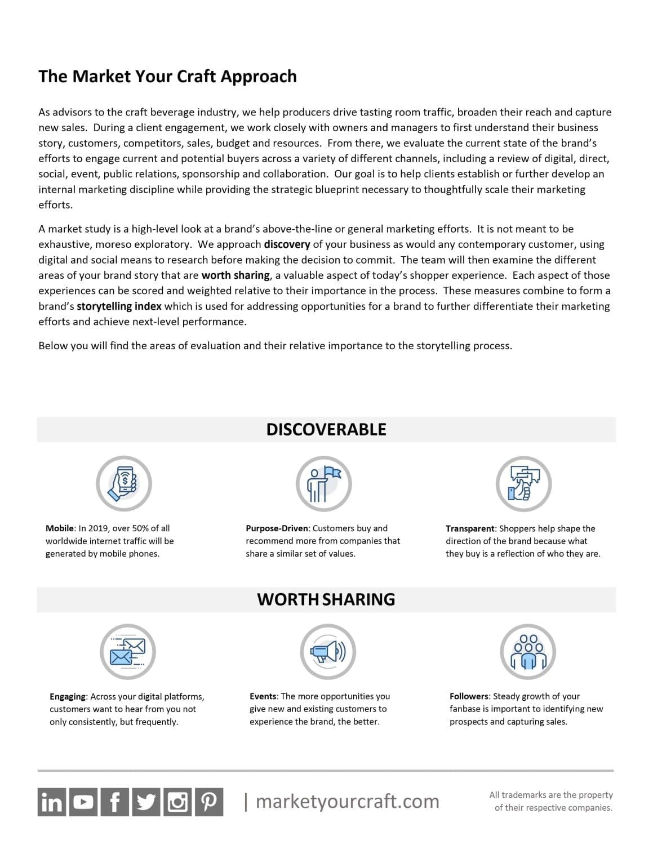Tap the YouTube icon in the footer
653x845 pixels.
click(x=83, y=802)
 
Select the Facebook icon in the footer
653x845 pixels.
click(x=115, y=802)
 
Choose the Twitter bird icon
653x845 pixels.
click(x=146, y=802)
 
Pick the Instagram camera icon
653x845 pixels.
click(x=177, y=802)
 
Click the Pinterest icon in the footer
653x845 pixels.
click(x=209, y=802)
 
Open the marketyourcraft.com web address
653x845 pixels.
click(x=347, y=801)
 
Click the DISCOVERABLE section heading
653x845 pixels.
click(x=326, y=429)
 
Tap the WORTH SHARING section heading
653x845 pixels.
click(x=326, y=599)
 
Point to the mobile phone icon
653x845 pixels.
click(x=124, y=483)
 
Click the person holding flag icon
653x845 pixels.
click(x=323, y=484)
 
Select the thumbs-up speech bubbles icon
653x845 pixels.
click(x=523, y=484)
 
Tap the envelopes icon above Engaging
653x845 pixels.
click(x=128, y=652)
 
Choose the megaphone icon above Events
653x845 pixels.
click(x=327, y=652)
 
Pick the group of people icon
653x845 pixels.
click(x=528, y=652)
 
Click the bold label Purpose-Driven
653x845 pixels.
click(x=277, y=528)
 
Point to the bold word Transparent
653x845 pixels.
click(x=470, y=528)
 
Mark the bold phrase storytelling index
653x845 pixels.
click(x=119, y=306)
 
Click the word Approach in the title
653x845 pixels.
click(x=259, y=76)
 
